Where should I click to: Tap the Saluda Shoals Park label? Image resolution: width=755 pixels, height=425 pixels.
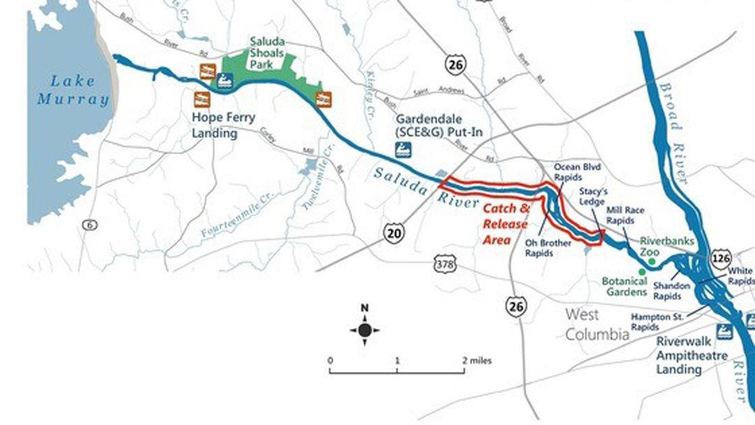[x=267, y=52]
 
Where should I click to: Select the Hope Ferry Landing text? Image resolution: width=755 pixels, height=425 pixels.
[x=224, y=125]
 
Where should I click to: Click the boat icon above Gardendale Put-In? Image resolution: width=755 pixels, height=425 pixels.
[x=403, y=148]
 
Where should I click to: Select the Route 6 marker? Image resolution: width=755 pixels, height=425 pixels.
[x=88, y=225]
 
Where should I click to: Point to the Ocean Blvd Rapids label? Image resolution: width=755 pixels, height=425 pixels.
[x=577, y=172]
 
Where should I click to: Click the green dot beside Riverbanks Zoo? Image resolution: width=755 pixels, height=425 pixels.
[x=652, y=261]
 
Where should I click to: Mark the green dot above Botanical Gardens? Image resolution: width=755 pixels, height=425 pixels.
[x=642, y=271]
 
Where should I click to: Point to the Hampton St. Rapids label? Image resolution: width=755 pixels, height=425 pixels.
[x=654, y=322]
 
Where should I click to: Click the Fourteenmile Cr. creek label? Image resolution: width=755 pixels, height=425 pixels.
[x=232, y=219]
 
